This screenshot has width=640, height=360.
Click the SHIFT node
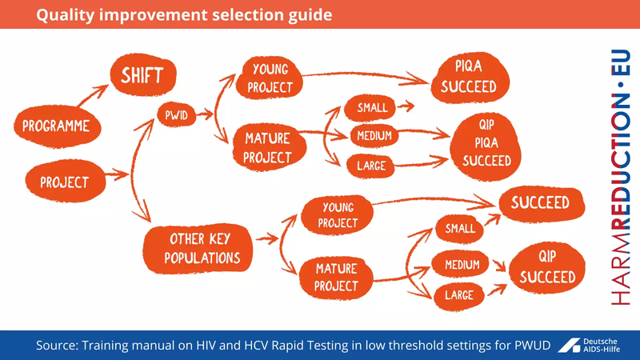pos(142,77)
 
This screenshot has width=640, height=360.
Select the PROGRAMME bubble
pos(55,126)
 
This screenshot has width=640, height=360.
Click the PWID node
pos(176,114)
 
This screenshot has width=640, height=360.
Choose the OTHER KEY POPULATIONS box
pos(202,248)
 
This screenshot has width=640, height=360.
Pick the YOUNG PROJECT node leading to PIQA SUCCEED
pos(269,78)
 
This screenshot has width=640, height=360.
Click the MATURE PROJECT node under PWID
pos(267,146)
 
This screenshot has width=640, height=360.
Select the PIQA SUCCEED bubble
pos(468,78)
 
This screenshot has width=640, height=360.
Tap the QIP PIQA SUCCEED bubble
pos(486,144)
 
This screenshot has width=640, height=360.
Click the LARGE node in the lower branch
pos(458,295)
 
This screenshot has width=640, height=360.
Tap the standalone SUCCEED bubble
pos(540,203)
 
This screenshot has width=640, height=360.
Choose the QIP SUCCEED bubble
pos(547,267)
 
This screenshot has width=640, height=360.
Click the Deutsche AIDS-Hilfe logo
pos(597,344)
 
